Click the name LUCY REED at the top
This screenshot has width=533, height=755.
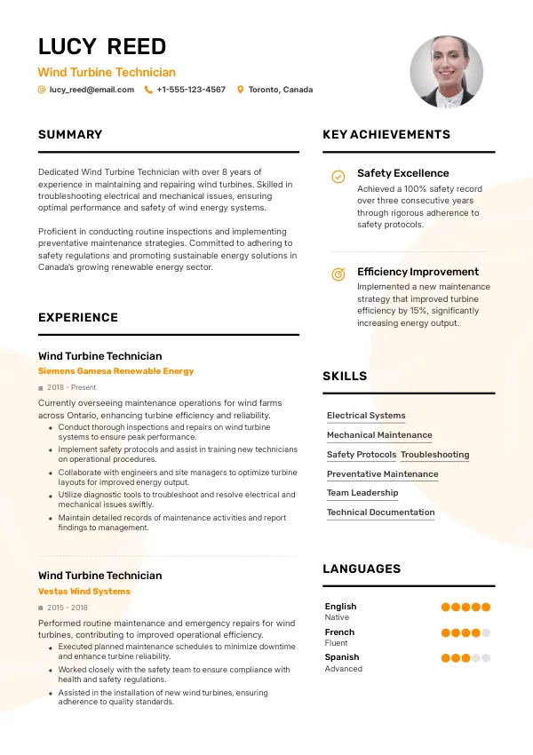point(102,47)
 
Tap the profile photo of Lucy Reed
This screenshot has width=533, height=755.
point(446,72)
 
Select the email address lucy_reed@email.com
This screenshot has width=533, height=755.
point(91,90)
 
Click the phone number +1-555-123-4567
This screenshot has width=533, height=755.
point(191,90)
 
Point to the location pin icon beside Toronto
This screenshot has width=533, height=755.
point(240,90)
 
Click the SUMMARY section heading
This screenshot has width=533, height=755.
point(70,135)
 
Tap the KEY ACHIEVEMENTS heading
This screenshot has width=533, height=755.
point(386,135)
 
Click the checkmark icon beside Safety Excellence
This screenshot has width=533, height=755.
point(338,177)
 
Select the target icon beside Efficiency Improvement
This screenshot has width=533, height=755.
point(338,274)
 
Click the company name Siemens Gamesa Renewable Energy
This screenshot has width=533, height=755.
point(115,371)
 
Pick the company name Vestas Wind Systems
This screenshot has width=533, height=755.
point(84,592)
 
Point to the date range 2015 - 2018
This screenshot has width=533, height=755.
point(68,608)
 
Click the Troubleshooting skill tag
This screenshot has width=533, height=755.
point(435,455)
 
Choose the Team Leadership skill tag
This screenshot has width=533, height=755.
point(362,493)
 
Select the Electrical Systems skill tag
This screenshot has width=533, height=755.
point(366,416)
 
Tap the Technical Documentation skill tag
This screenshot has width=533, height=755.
point(380,513)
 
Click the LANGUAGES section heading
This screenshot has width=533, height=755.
point(362,569)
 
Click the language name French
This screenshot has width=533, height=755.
point(339,632)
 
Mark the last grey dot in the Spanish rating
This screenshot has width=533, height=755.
point(486,658)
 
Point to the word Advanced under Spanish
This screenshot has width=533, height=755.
point(344,669)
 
